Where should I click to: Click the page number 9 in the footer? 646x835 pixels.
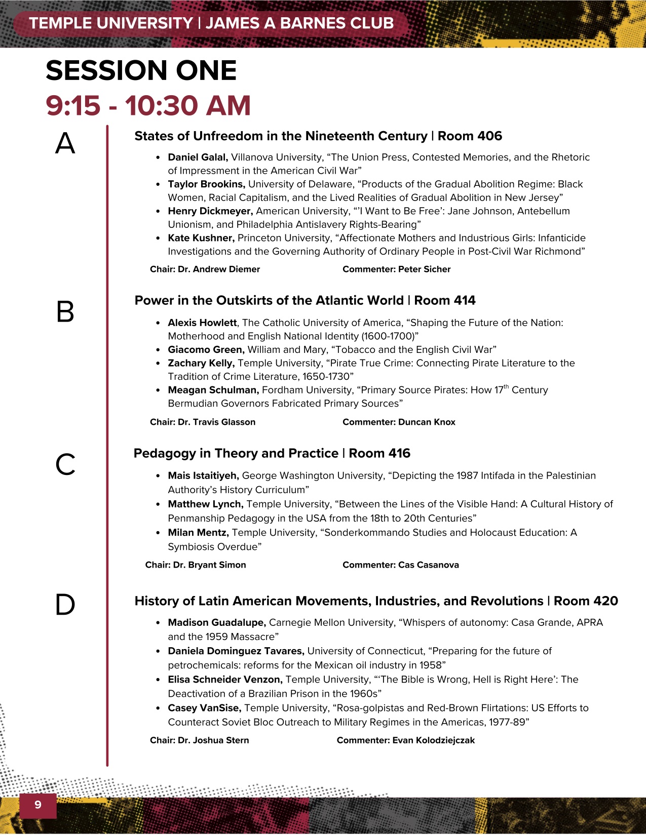38,805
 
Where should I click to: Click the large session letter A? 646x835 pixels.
65,143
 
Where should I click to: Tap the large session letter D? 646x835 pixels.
65,604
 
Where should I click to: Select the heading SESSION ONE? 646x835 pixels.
141,70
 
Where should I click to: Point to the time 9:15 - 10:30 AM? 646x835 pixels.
148,105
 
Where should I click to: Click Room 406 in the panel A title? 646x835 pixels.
470,136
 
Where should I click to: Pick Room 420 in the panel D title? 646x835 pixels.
586,601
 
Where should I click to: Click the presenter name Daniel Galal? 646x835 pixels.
198,157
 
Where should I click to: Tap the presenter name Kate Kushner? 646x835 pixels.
201,238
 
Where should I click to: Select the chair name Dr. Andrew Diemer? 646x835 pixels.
218,269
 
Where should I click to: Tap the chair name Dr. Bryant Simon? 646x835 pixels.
209,565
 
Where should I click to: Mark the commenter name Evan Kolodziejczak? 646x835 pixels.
433,740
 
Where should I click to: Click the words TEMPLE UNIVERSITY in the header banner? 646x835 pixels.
111,23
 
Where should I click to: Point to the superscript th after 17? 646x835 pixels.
506,387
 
